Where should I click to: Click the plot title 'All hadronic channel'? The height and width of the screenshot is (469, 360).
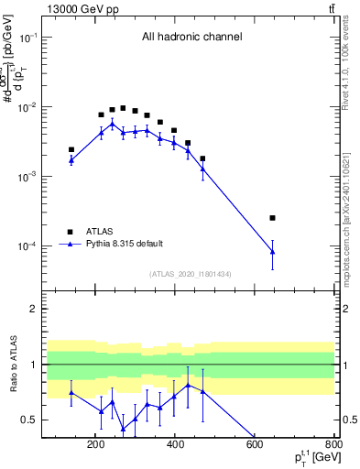191,37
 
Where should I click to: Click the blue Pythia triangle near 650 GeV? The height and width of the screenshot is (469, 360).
272,252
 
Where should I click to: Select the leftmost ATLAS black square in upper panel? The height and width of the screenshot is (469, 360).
71,149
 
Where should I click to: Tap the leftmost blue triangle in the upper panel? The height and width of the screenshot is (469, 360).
71,159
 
